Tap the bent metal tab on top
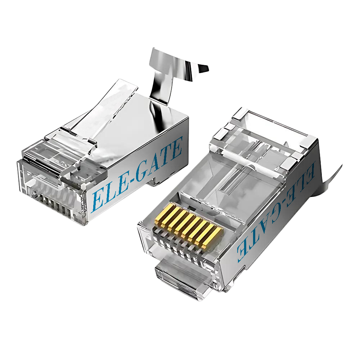(169, 72)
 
